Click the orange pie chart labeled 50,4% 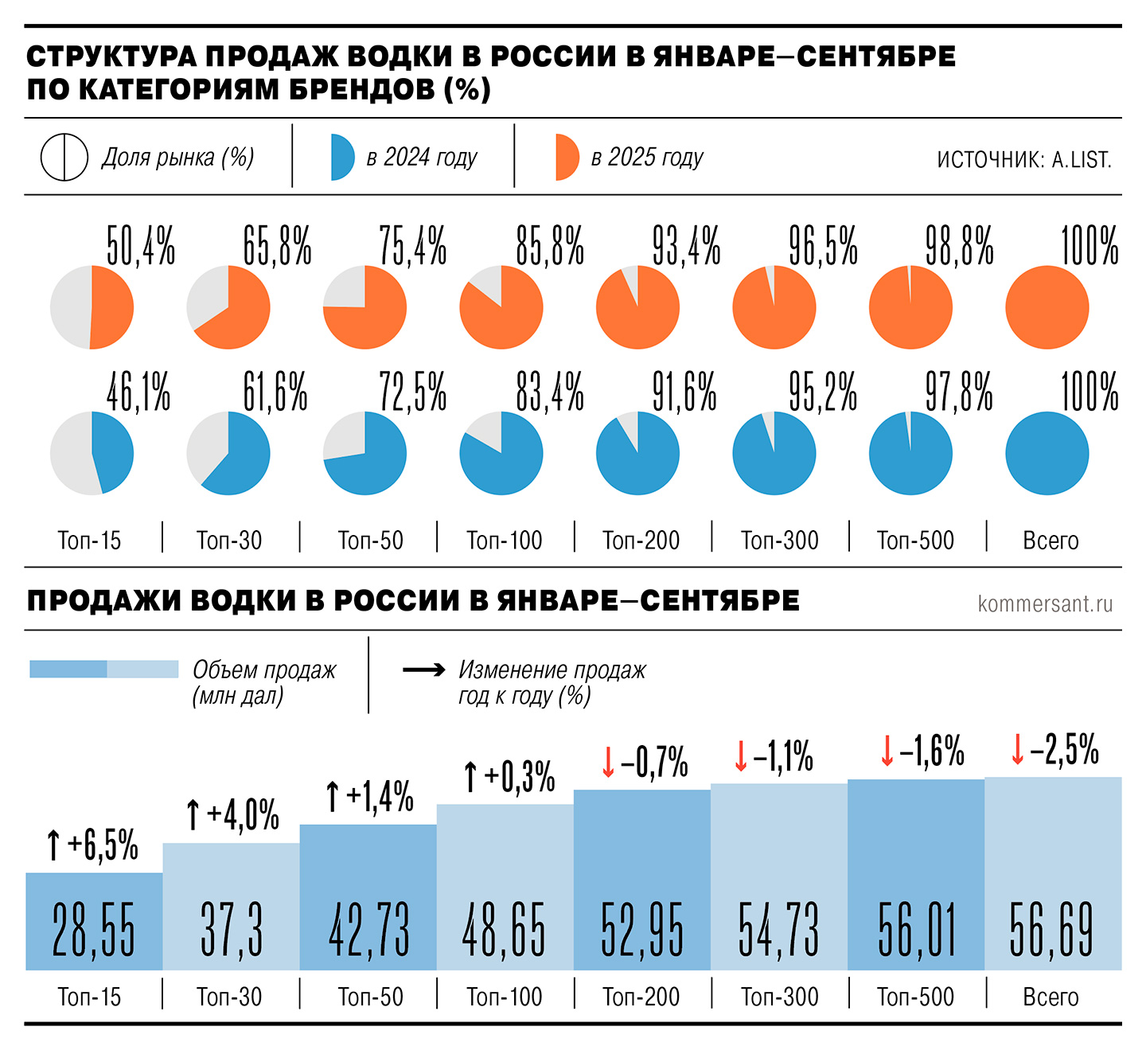pyautogui.click(x=92, y=307)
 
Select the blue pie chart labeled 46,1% pyautogui.click(x=92, y=453)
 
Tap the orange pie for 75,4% pyautogui.click(x=365, y=307)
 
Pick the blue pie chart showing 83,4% pyautogui.click(x=501, y=453)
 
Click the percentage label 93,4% pyautogui.click(x=686, y=245)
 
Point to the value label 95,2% pyautogui.click(x=823, y=392)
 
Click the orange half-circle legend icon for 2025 pyautogui.click(x=567, y=158)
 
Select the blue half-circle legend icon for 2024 pyautogui.click(x=342, y=158)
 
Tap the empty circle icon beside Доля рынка pyautogui.click(x=64, y=157)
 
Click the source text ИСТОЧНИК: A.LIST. pyautogui.click(x=1023, y=160)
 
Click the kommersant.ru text pyautogui.click(x=1045, y=603)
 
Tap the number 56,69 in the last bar pyautogui.click(x=1051, y=929)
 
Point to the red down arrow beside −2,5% pyautogui.click(x=1017, y=749)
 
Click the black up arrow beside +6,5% pyautogui.click(x=53, y=845)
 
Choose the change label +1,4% pyautogui.click(x=380, y=796)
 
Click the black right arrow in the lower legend pyautogui.click(x=423, y=670)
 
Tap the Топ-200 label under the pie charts pyautogui.click(x=641, y=541)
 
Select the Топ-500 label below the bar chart pyautogui.click(x=915, y=997)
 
